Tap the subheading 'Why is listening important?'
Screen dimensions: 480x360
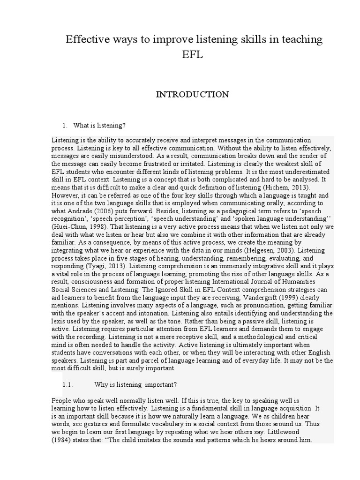(x=135, y=385)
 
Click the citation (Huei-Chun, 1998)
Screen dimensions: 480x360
(x=77, y=226)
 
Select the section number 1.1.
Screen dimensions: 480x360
(x=68, y=385)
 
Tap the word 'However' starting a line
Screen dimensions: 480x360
(x=63, y=195)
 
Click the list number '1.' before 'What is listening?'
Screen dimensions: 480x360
(x=65, y=126)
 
